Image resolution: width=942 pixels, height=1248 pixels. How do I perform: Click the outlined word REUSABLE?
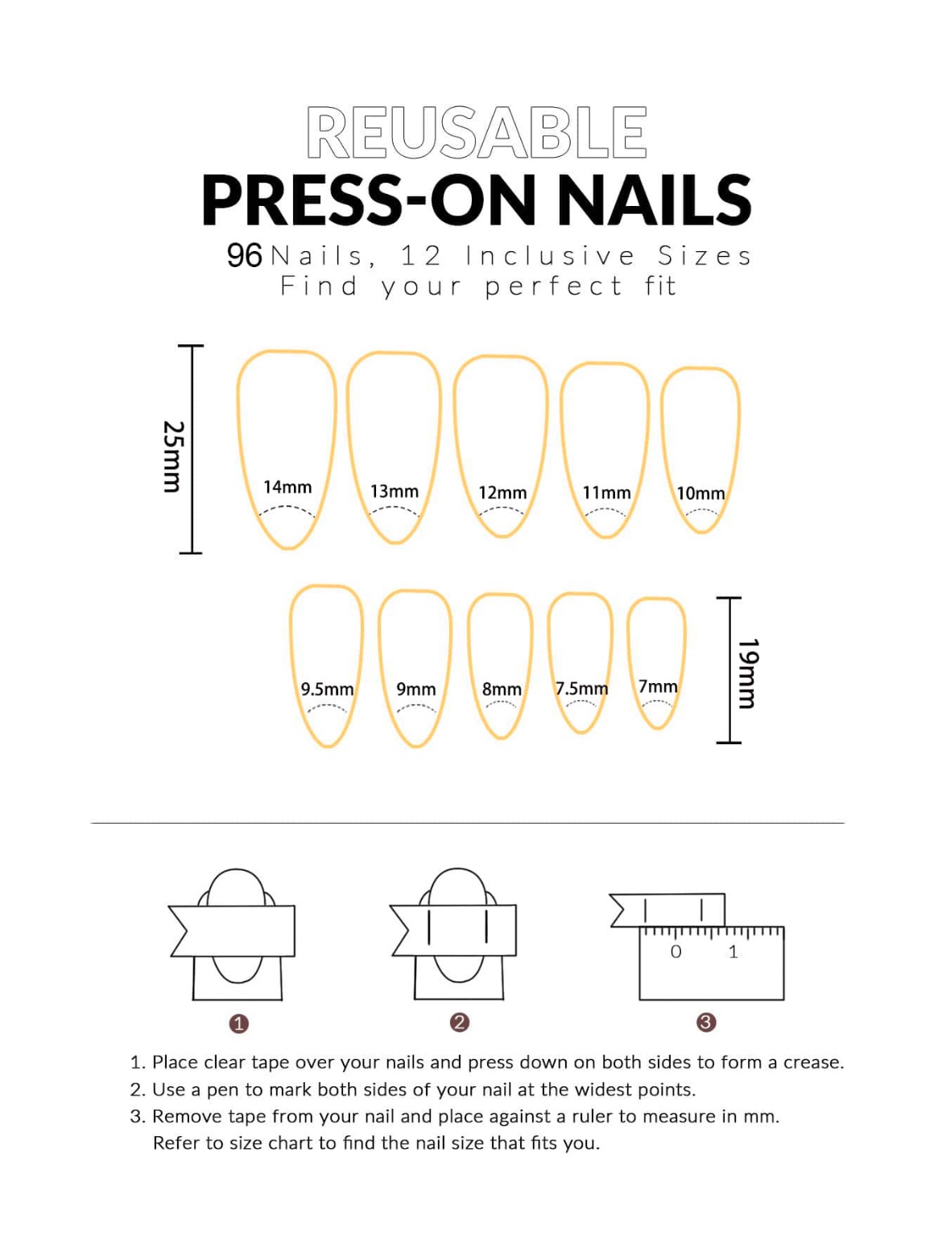click(x=476, y=133)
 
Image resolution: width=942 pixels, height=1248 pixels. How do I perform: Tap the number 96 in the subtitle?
click(x=244, y=256)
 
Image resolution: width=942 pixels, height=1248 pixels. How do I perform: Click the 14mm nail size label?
click(x=287, y=488)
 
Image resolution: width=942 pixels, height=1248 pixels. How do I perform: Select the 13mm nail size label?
click(x=394, y=492)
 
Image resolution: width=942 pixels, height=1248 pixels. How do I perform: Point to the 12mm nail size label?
click(x=502, y=493)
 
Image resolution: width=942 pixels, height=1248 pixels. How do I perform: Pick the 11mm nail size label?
click(x=606, y=493)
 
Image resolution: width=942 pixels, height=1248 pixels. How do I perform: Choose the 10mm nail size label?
click(x=700, y=494)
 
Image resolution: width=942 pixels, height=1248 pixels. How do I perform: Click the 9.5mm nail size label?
click(x=327, y=690)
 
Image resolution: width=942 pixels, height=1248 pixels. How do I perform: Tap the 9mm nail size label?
click(x=415, y=690)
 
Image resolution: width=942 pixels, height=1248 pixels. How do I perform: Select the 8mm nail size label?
click(x=502, y=690)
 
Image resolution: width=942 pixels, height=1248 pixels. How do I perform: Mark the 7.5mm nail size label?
click(x=581, y=690)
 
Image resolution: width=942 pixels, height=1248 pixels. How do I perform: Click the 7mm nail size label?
click(x=658, y=687)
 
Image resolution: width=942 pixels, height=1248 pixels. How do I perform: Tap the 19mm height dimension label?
click(x=748, y=673)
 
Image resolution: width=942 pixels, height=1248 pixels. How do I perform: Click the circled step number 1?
click(x=238, y=1024)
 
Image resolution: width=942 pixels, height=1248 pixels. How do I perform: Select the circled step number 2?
click(x=459, y=1023)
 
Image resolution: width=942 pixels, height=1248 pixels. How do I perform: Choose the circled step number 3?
click(x=705, y=1023)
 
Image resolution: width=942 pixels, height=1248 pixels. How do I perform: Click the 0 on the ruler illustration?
click(x=676, y=953)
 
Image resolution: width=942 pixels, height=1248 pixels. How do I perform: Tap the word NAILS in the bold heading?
click(x=654, y=201)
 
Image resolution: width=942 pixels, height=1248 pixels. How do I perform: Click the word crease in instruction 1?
click(x=812, y=1063)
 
